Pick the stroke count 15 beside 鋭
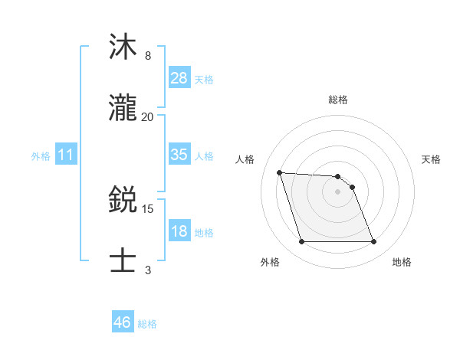click(x=148, y=208)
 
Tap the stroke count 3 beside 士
click(x=148, y=270)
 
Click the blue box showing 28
click(x=179, y=78)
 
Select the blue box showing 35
click(x=179, y=155)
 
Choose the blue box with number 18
click(x=179, y=231)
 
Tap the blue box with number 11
click(x=66, y=155)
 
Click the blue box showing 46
click(x=123, y=322)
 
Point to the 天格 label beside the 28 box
click(x=204, y=79)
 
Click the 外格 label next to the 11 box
click(x=41, y=156)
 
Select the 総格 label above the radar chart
click(x=338, y=100)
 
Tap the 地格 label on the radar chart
click(x=402, y=262)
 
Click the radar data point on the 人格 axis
click(x=279, y=172)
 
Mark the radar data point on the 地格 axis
click(x=373, y=242)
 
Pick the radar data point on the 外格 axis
click(x=301, y=242)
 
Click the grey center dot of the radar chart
click(x=337, y=191)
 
